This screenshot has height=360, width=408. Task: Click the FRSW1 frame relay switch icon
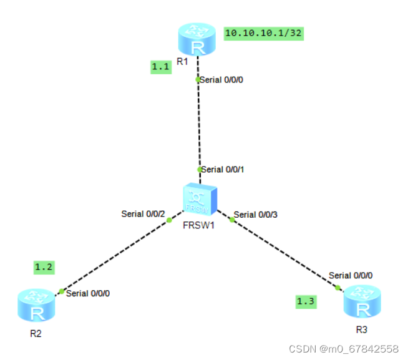coord(200,200)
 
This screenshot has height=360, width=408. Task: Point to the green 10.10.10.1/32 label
coord(264,33)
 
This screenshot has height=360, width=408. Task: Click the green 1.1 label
coord(161,67)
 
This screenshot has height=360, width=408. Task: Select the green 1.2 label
coord(44,267)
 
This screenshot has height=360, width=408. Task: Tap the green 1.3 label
coord(306,302)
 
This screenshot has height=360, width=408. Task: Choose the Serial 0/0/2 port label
coord(143,214)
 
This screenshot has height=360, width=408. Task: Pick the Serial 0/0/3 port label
coord(255,215)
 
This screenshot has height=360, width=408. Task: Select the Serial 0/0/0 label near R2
coord(89,293)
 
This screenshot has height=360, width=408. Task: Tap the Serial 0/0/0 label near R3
coord(351,275)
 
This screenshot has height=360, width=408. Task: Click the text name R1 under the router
coord(182,61)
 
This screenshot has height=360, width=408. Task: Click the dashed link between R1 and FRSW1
coord(198,125)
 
